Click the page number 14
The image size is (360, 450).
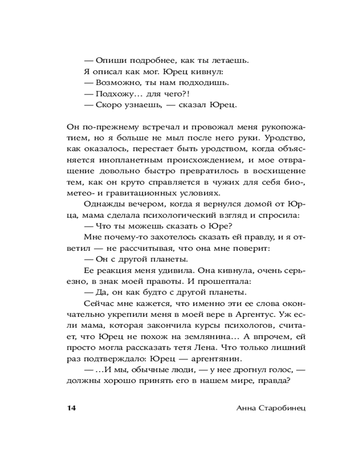[x=72, y=408]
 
